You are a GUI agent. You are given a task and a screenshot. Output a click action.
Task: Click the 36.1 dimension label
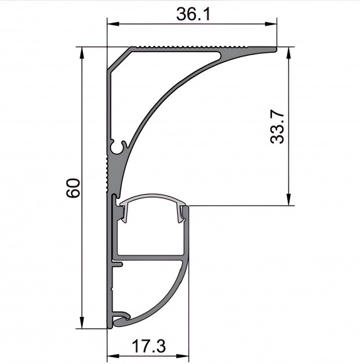[193, 14]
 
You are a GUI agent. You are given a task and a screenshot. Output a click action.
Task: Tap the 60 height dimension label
[74, 188]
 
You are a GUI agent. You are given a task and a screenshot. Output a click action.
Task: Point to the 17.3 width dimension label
[149, 346]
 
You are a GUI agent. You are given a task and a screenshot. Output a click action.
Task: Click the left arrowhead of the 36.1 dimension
[113, 24]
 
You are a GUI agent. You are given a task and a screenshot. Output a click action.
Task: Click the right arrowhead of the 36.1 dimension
[271, 24]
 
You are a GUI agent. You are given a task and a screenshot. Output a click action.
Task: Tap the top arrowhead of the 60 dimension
[82, 53]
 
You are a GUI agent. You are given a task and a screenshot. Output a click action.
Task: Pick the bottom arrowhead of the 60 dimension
[82, 323]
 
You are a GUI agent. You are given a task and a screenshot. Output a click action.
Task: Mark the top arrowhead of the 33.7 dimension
[288, 53]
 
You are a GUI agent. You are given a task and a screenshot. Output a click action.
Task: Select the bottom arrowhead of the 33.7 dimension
[288, 200]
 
